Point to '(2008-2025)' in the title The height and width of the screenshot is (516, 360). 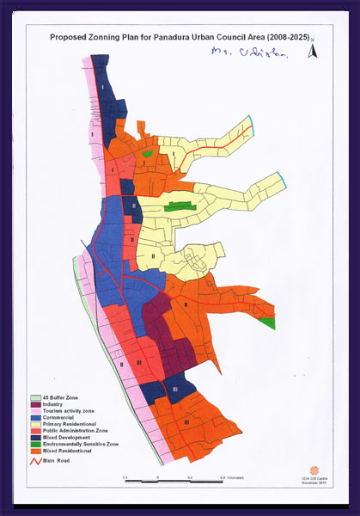pyautogui.click(x=266, y=38)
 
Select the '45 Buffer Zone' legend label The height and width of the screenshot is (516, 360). pyautogui.click(x=61, y=396)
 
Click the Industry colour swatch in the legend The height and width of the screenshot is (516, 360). pyautogui.click(x=35, y=403)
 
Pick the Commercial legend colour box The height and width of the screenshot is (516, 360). pyautogui.click(x=35, y=417)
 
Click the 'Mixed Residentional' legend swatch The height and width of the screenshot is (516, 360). pyautogui.click(x=35, y=451)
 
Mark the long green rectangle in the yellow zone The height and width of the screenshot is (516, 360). pyautogui.click(x=178, y=206)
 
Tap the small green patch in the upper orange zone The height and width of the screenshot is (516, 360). pyautogui.click(x=147, y=153)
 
